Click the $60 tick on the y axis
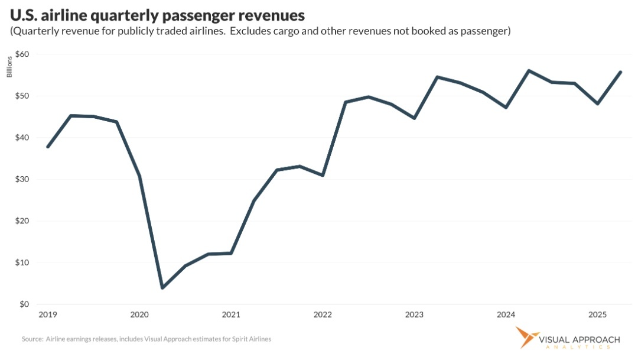[x=22, y=54]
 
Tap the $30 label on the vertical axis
[x=22, y=179]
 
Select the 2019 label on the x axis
[x=47, y=314]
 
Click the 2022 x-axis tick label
[x=323, y=314]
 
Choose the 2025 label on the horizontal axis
[x=598, y=314]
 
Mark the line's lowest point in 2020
[x=162, y=288]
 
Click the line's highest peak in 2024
[x=529, y=70]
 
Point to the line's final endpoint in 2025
[x=620, y=72]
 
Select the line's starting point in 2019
[x=47, y=147]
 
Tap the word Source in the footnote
[x=32, y=339]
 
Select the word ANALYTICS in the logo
[x=579, y=348]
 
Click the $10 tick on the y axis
[x=22, y=262]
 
